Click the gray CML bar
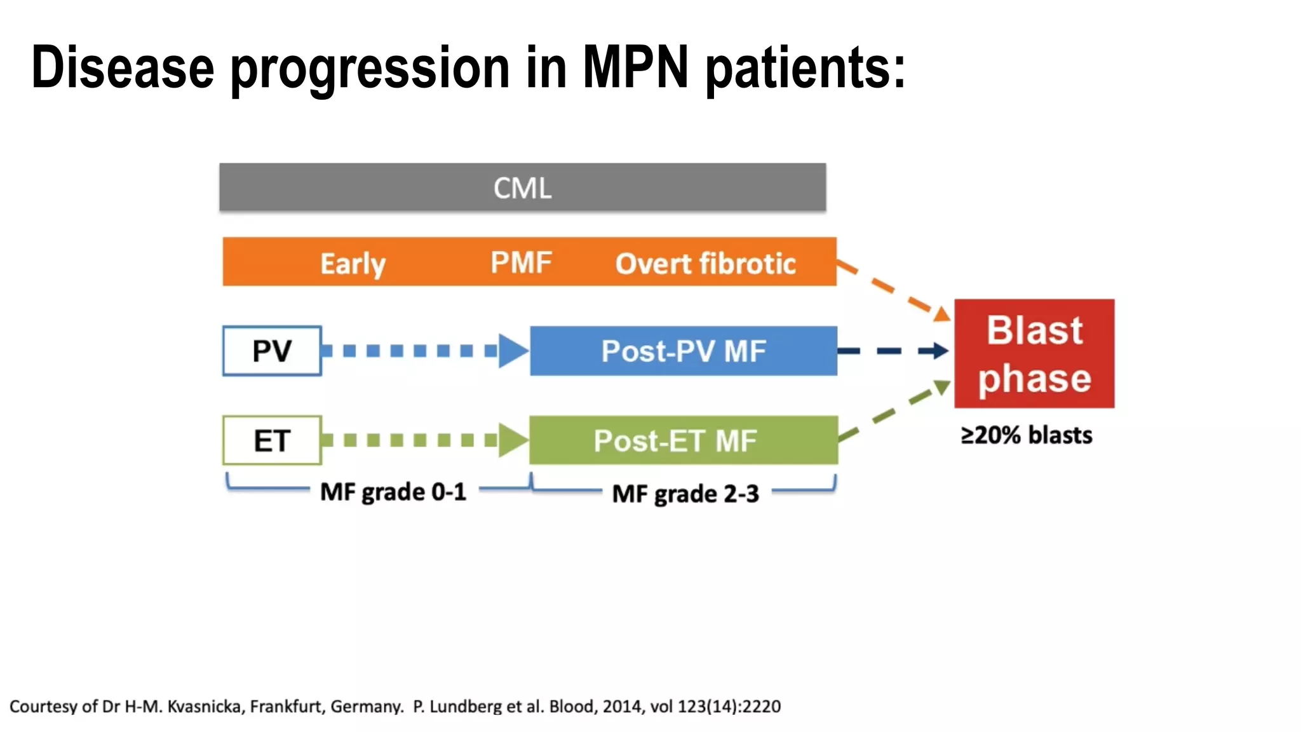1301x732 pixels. [x=522, y=187]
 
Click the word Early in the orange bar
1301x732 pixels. [x=353, y=263]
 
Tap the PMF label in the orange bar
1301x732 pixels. [x=521, y=262]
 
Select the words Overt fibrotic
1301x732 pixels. [x=705, y=263]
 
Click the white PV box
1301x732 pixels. [x=272, y=351]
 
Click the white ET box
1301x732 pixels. [x=272, y=440]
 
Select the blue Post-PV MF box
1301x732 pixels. [x=684, y=351]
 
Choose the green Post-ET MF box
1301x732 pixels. [x=684, y=440]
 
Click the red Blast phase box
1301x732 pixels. [x=1034, y=353]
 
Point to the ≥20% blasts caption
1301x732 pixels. [x=1026, y=435]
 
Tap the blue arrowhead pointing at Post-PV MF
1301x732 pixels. [x=512, y=351]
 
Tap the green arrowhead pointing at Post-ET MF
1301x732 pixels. [x=512, y=440]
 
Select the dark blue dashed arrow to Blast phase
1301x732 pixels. [x=893, y=351]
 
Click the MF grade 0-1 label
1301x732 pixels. [x=393, y=492]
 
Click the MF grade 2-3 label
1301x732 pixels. [x=685, y=494]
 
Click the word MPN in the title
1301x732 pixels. [x=635, y=67]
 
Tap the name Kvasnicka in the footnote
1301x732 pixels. [x=204, y=706]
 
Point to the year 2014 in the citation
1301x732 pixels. [x=622, y=706]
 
